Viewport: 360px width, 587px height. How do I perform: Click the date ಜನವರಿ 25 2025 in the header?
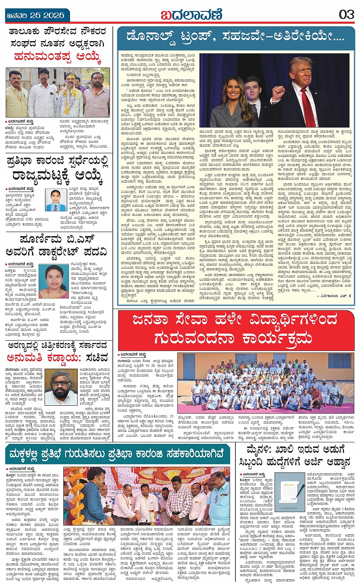[35, 16]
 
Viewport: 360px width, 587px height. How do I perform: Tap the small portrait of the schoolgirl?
[56, 200]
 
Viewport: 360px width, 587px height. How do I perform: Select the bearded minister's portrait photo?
[61, 387]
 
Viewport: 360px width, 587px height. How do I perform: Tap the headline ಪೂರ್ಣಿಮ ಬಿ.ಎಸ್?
[57, 240]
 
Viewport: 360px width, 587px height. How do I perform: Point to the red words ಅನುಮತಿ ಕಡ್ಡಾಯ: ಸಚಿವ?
[57, 358]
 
